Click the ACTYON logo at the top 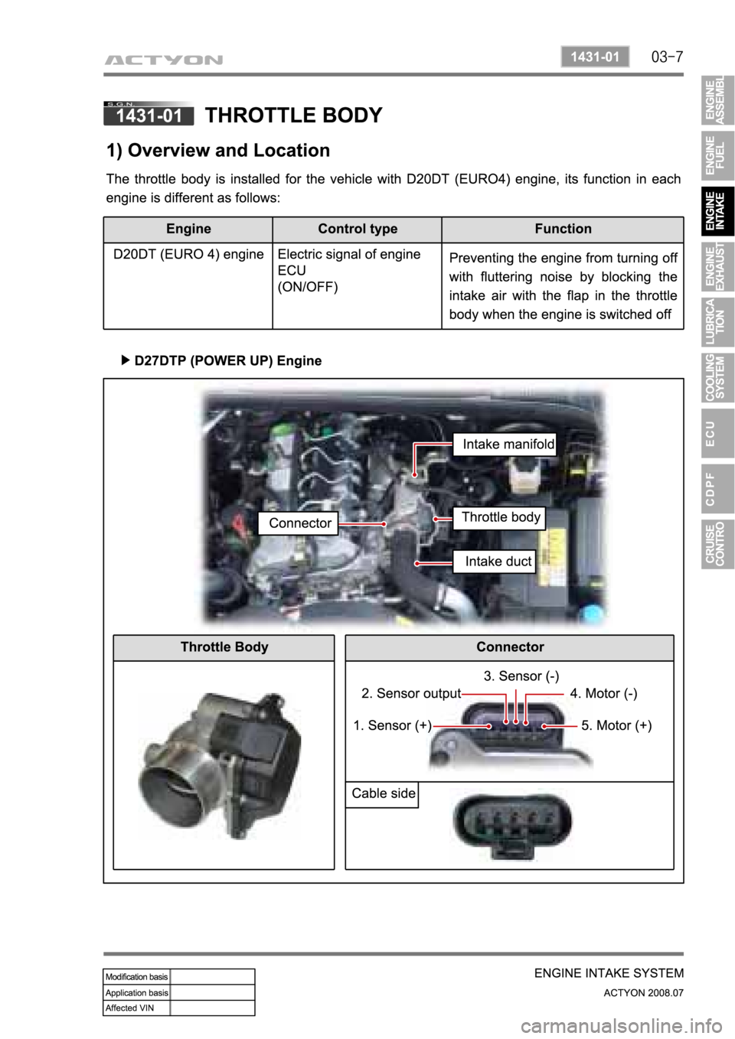(x=165, y=59)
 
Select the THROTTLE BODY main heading (x=294, y=115)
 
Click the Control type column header (x=358, y=229)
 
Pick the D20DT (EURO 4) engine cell (x=188, y=254)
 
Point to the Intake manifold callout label (x=508, y=444)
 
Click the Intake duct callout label (x=498, y=562)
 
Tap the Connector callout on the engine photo (x=300, y=523)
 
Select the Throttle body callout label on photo (x=501, y=517)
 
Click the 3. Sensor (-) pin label (x=521, y=676)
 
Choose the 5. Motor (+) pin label (x=616, y=725)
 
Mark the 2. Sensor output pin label (x=411, y=694)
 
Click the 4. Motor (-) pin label (x=603, y=694)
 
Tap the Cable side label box (x=383, y=793)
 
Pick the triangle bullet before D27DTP (x=126, y=360)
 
